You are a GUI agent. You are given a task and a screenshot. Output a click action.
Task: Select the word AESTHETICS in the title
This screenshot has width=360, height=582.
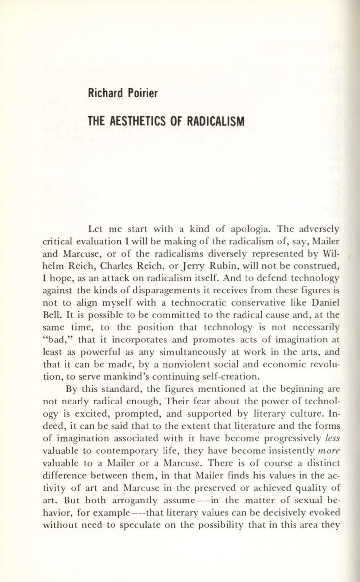pyautogui.click(x=139, y=122)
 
